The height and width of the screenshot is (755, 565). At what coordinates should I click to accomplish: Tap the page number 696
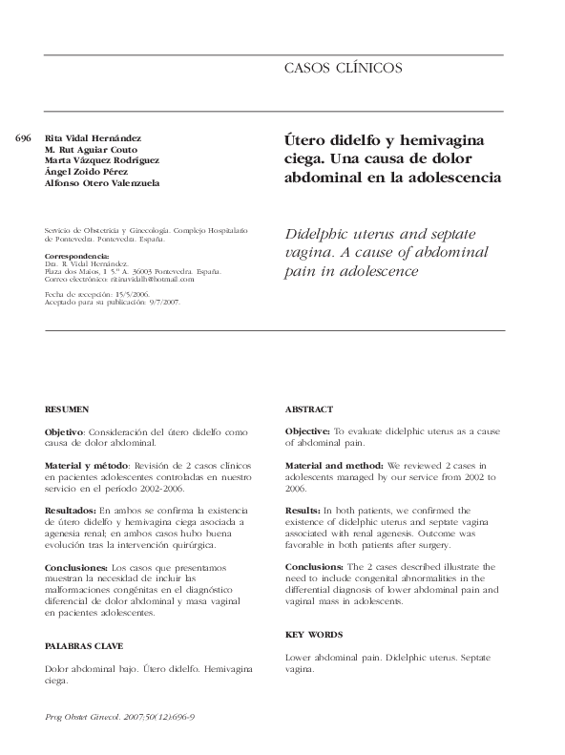[x=25, y=137]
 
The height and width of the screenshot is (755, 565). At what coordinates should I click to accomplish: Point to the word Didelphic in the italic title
[x=324, y=234]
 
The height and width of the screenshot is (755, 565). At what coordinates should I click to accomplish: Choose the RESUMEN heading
[x=65, y=409]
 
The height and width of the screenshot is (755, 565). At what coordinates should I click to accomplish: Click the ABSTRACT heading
[x=309, y=409]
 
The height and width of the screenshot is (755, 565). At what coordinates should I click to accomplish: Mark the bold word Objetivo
[x=64, y=432]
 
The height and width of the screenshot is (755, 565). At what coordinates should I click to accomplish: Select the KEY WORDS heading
[x=314, y=635]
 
